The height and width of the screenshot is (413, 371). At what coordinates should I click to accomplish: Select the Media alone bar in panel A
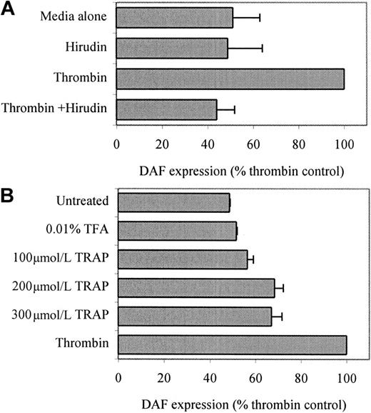pos(175,16)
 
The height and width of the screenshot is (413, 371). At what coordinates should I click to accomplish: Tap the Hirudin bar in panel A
pos(172,48)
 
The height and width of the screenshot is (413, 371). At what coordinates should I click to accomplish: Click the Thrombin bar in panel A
pos(230,79)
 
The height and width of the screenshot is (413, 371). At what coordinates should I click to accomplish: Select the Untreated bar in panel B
pos(173,204)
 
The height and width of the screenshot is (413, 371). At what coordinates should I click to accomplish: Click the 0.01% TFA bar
pos(177,230)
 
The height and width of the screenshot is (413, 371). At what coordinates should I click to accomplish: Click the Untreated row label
pos(83,204)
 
